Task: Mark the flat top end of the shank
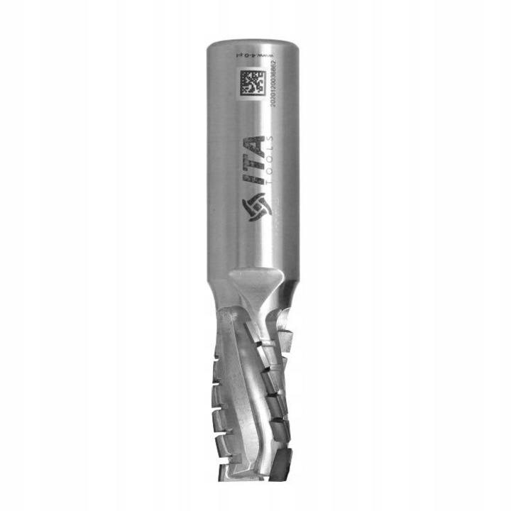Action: (x=253, y=43)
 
